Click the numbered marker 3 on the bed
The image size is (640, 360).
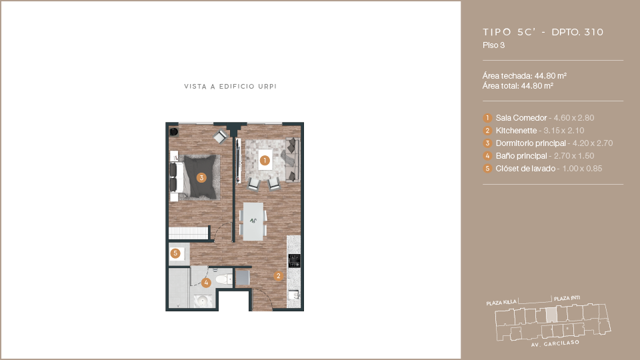[x=201, y=177]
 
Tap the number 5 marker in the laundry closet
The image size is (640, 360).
[x=175, y=253]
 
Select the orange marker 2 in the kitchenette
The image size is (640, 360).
[x=279, y=276]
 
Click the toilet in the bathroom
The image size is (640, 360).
[x=224, y=279]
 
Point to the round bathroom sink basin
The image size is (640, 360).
[x=203, y=301]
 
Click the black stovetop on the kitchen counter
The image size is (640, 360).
[x=294, y=261]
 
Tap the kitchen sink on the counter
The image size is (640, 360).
[x=294, y=294]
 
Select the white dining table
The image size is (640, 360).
[x=253, y=221]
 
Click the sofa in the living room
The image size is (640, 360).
[x=292, y=159]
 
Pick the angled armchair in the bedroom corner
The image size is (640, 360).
[x=221, y=136]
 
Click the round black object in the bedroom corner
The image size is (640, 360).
[x=174, y=131]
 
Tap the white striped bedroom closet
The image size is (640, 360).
[x=189, y=233]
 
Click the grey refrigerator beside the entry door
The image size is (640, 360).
[x=243, y=278]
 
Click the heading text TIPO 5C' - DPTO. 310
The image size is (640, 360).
[x=543, y=32]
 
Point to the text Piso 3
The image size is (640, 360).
[x=493, y=45]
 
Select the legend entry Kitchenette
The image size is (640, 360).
[x=516, y=131]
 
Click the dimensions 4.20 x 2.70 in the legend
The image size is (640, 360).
[x=592, y=143]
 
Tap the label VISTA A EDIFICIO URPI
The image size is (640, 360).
[x=230, y=87]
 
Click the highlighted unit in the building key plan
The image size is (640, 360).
[x=551, y=314]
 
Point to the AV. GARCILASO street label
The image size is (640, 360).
[x=555, y=344]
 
